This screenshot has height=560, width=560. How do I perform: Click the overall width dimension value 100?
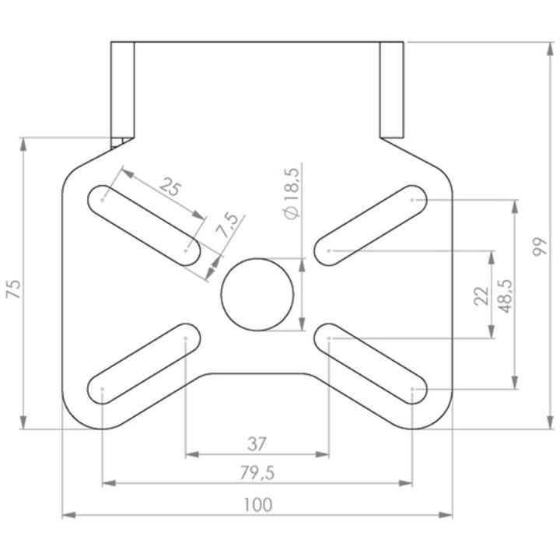pyautogui.click(x=258, y=504)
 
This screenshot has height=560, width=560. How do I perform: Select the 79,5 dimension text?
pyautogui.click(x=257, y=473)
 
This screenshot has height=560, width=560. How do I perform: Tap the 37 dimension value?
pyautogui.click(x=257, y=444)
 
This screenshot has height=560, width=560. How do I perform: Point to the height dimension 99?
pyautogui.click(x=539, y=246)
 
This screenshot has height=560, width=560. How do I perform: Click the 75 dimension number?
pyautogui.click(x=14, y=289)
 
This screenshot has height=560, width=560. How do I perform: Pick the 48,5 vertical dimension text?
pyautogui.click(x=505, y=296)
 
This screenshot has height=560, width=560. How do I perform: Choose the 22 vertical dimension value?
pyautogui.click(x=481, y=296)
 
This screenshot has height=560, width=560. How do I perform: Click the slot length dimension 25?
pyautogui.click(x=170, y=187)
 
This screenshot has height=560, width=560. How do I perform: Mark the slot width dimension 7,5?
pyautogui.click(x=227, y=226)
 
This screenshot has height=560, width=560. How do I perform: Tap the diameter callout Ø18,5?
pyautogui.click(x=292, y=193)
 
